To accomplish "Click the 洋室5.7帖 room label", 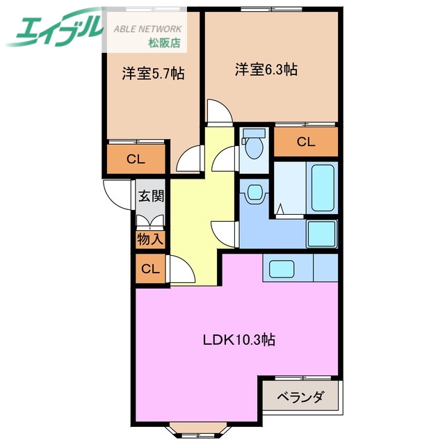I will click(144, 73).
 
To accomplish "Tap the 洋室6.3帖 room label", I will click(266, 70).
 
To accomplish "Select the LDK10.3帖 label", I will click(238, 340).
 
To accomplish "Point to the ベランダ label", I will click(300, 398).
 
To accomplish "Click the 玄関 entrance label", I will click(150, 195).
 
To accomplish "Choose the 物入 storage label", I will click(149, 240).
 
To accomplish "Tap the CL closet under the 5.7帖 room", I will click(136, 159).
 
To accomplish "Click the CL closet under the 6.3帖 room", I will click(305, 143).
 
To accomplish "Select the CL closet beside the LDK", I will click(149, 268).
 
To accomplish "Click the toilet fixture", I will click(254, 146).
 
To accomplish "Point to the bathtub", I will click(323, 188).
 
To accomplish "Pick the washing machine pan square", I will click(321, 234).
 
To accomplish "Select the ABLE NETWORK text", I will click(147, 29).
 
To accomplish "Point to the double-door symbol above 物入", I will click(150, 221).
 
